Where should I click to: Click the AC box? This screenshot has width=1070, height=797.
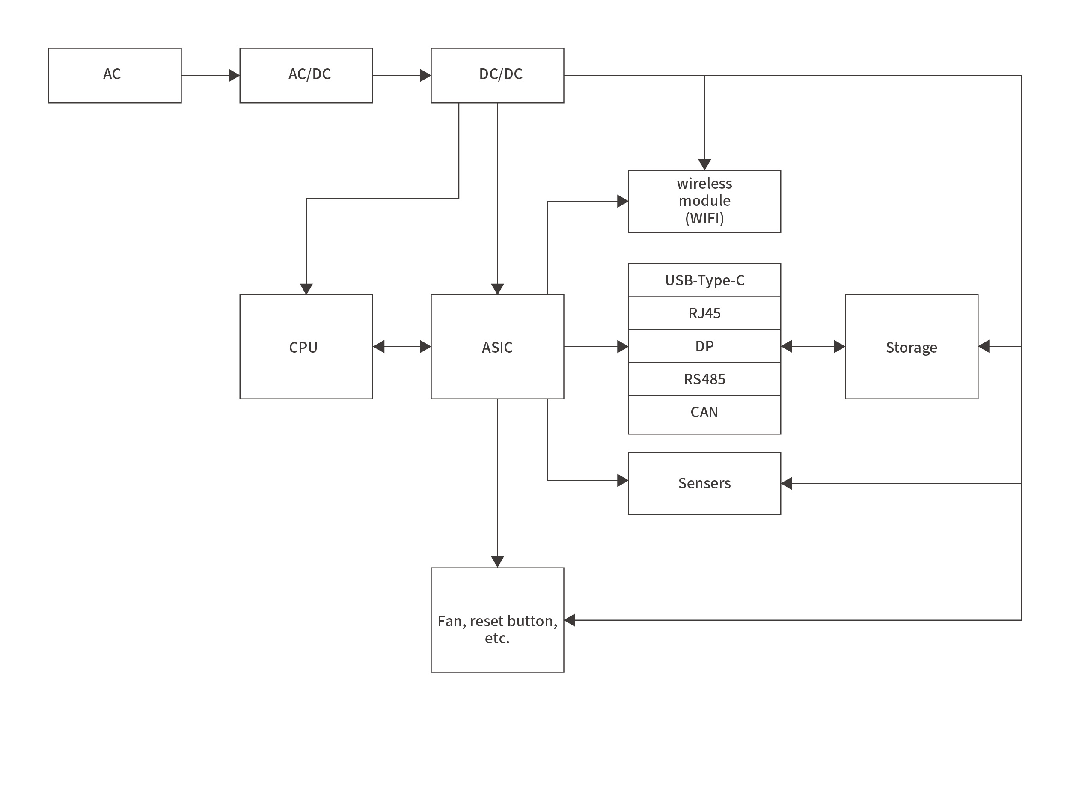(x=115, y=75)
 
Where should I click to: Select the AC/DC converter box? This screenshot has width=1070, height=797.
(x=306, y=75)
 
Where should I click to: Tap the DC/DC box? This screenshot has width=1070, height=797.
(x=497, y=75)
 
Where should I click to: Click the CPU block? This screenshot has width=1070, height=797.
(x=306, y=346)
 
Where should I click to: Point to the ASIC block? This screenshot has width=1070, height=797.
(x=497, y=346)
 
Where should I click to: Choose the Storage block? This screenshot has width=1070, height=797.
(x=911, y=346)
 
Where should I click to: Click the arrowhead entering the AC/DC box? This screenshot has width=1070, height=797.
(x=235, y=75)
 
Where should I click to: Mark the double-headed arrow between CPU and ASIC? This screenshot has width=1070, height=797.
(x=401, y=346)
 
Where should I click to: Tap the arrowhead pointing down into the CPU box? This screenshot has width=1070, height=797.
(x=306, y=289)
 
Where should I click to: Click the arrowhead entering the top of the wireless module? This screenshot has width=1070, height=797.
(x=704, y=164)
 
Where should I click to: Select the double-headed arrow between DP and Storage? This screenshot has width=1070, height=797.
(x=812, y=346)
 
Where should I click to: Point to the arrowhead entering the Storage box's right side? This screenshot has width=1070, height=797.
(x=984, y=346)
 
